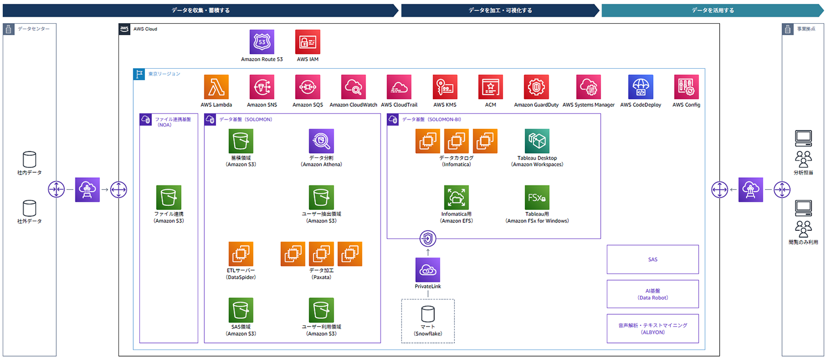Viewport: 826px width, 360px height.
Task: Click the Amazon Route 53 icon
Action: coord(262,42)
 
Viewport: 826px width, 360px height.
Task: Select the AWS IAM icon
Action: coord(307,42)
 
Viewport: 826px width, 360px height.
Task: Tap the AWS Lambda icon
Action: coord(216,87)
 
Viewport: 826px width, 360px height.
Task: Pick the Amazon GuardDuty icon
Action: coord(536,87)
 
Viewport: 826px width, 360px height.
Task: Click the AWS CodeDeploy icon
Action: coord(640,87)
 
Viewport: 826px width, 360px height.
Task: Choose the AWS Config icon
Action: coord(686,87)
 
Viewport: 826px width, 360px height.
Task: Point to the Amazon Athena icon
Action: coord(321,141)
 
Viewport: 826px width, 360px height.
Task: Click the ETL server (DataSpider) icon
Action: coord(241,254)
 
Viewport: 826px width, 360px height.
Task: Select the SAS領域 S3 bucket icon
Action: coord(241,310)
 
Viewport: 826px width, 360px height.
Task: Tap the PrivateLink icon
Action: coord(428,270)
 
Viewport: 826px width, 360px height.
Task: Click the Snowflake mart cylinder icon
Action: coord(428,314)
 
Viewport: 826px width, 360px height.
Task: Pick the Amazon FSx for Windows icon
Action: coord(537,198)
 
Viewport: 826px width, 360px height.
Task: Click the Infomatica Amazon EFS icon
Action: coord(456,198)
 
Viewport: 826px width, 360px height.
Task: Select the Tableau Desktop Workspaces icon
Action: coord(537,141)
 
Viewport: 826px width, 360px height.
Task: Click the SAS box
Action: coord(653,259)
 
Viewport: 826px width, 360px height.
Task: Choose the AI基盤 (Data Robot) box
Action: coord(653,294)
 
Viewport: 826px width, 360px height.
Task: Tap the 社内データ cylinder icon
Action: coord(29,160)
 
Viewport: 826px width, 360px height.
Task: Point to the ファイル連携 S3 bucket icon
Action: coord(169,198)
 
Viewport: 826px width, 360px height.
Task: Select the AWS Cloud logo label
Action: coord(125,29)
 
